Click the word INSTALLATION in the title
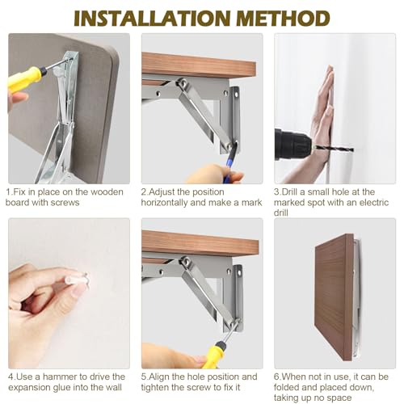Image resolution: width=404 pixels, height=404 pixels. (x=152, y=18)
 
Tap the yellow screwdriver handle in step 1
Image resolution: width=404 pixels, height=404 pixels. (x=27, y=78)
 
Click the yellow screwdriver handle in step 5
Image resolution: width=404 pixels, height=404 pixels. (x=214, y=354)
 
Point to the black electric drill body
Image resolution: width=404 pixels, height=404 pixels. (x=292, y=145)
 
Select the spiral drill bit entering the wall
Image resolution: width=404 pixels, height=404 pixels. (x=335, y=149)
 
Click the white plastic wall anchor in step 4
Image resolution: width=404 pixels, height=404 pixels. (x=77, y=279)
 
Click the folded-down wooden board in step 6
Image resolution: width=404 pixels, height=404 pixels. (x=335, y=297)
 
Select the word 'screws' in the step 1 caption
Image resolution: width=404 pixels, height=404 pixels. (x=65, y=203)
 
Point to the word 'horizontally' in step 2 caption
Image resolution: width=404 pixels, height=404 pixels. (x=164, y=203)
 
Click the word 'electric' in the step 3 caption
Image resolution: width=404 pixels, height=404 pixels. (x=374, y=203)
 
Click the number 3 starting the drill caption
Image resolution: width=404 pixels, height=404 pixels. (x=276, y=192)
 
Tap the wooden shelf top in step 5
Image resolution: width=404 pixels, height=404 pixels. (x=200, y=243)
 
